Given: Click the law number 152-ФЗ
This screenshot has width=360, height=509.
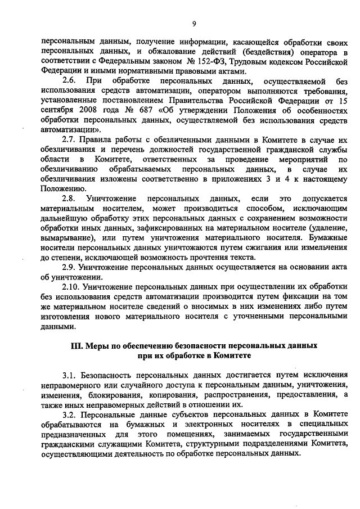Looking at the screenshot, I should tap(211, 61).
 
